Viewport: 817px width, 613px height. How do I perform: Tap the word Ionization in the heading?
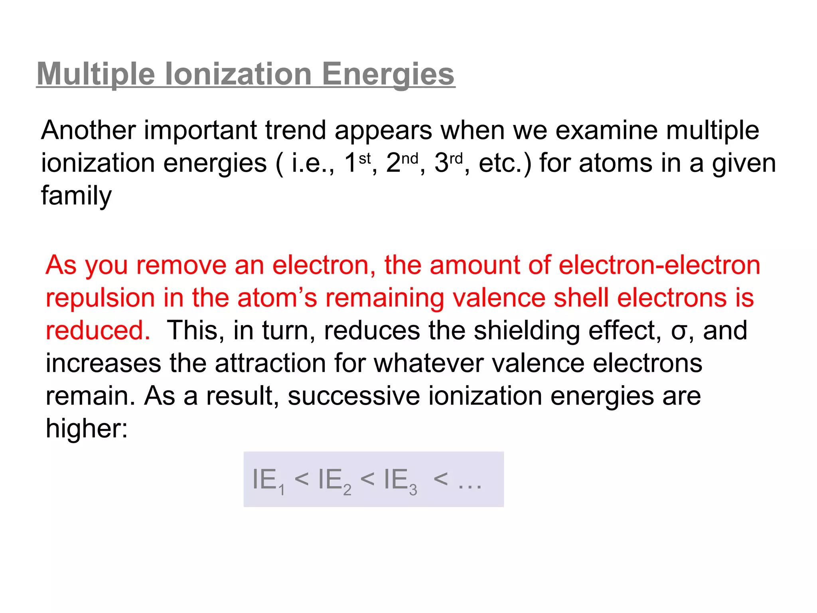tap(238, 74)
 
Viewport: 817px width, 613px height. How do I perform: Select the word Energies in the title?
tap(388, 74)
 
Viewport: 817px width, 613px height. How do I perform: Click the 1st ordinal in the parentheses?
tap(357, 163)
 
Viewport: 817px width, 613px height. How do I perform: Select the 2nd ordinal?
tap(402, 163)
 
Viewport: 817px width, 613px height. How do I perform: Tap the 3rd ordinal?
tap(448, 163)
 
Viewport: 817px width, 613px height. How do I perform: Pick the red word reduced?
tap(98, 330)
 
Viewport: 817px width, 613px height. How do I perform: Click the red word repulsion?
tap(100, 299)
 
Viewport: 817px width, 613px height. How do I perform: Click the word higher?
tap(87, 429)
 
